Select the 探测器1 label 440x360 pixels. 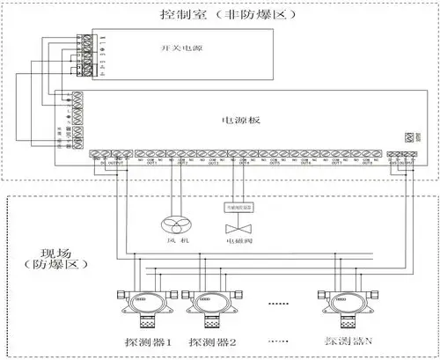(x=146, y=340)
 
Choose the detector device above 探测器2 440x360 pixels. (x=209, y=305)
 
